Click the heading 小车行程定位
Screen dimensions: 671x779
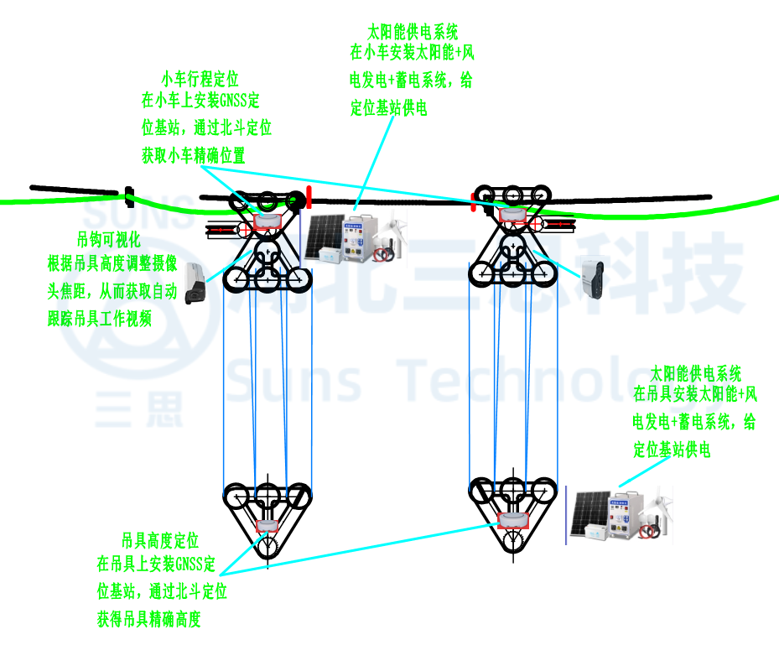pos(200,79)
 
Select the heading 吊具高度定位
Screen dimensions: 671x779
pos(160,540)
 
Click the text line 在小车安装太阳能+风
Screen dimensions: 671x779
pos(413,53)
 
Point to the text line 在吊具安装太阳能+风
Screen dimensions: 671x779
pos(695,394)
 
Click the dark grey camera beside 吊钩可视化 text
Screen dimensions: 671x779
pos(196,282)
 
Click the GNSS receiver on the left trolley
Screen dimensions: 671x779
pos(267,221)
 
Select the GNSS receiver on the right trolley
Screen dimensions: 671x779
pos(512,215)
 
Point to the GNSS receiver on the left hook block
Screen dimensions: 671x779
pos(267,526)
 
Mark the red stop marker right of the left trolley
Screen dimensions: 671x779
pos(309,198)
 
